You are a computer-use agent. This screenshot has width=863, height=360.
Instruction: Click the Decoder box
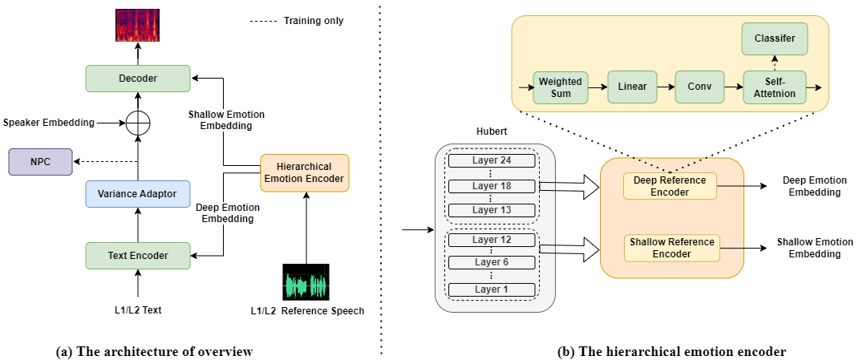pyautogui.click(x=138, y=79)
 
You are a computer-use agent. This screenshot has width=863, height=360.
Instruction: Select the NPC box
pyautogui.click(x=40, y=162)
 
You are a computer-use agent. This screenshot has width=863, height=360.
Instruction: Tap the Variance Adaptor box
pyautogui.click(x=138, y=194)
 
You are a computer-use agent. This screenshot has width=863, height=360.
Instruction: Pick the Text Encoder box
pyautogui.click(x=138, y=256)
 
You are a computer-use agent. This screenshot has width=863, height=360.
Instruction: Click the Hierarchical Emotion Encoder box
pyautogui.click(x=305, y=172)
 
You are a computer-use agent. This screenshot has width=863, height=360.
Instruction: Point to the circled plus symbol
pyautogui.click(x=138, y=123)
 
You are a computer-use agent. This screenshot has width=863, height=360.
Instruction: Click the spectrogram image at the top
pyautogui.click(x=138, y=26)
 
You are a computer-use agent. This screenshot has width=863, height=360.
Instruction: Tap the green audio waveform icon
pyautogui.click(x=307, y=286)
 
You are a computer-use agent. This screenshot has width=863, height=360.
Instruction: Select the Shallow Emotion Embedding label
pyautogui.click(x=226, y=120)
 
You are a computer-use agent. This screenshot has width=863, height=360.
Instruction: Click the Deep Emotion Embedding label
pyautogui.click(x=228, y=213)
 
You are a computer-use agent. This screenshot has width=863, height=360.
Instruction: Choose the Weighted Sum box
pyautogui.click(x=561, y=87)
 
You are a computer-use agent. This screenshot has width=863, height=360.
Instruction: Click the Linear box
pyautogui.click(x=632, y=87)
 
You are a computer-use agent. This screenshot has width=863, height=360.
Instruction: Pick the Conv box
pyautogui.click(x=699, y=87)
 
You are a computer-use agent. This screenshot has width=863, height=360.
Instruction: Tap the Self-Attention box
pyautogui.click(x=775, y=87)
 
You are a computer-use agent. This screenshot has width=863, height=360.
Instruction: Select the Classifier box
pyautogui.click(x=775, y=38)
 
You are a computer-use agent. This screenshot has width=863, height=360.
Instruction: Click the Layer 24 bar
pyautogui.click(x=492, y=160)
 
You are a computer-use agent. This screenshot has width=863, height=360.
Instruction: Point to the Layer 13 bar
pyautogui.click(x=492, y=210)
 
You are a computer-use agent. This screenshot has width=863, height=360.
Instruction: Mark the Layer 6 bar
pyautogui.click(x=492, y=262)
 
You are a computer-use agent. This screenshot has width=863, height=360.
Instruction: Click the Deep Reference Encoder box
pyautogui.click(x=670, y=186)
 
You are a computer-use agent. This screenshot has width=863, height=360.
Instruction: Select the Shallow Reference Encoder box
pyautogui.click(x=672, y=248)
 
